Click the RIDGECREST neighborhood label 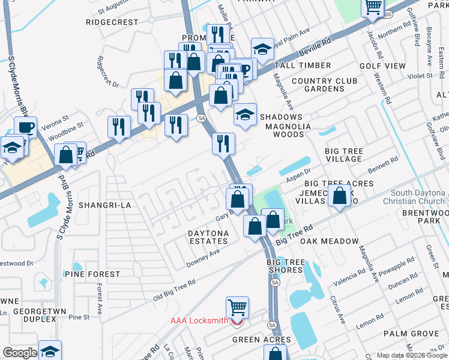(x=112, y=22)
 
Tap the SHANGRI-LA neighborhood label (x=104, y=205)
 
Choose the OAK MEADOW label (x=325, y=241)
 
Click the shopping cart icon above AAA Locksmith (x=238, y=308)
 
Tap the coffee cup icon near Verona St (x=26, y=127)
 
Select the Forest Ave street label (x=100, y=295)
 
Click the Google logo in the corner (x=20, y=353)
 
